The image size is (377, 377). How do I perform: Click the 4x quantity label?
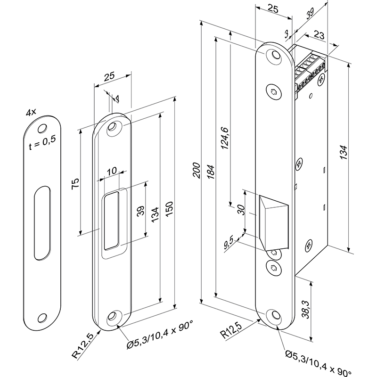click(x=32, y=113)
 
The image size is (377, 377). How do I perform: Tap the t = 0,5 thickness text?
click(x=42, y=143)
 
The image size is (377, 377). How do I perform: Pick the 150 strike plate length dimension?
click(x=170, y=208)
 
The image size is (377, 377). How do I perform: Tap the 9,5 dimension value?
click(x=229, y=243)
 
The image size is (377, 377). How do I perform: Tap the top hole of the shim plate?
click(x=42, y=128)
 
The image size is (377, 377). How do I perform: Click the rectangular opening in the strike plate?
click(x=111, y=220)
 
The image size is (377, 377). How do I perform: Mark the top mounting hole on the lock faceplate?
click(x=272, y=55)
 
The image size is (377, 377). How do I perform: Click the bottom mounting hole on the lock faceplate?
click(x=273, y=315)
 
